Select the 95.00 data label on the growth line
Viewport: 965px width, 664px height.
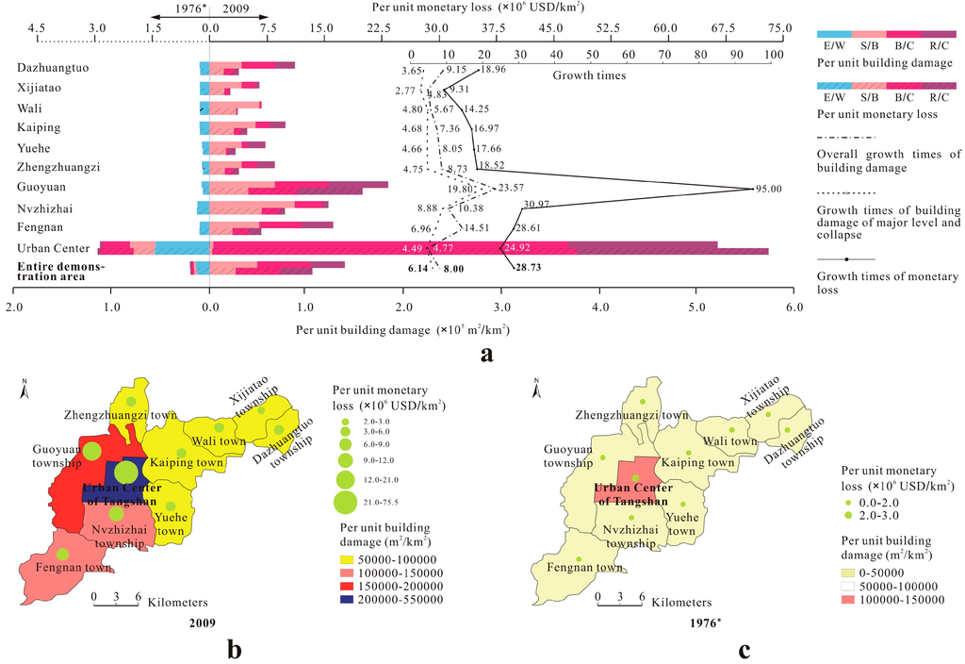(x=768, y=189)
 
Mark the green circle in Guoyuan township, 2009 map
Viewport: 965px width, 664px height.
(x=91, y=451)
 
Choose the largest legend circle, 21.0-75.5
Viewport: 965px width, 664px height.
(x=345, y=501)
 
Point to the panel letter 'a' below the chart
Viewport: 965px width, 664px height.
(x=485, y=354)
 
